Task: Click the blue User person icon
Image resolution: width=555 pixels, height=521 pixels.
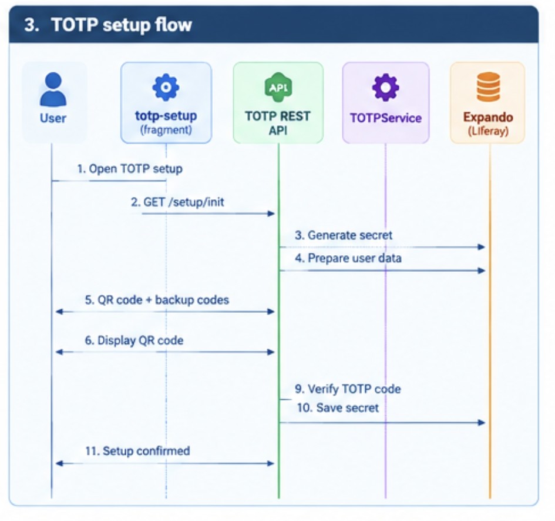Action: (53, 89)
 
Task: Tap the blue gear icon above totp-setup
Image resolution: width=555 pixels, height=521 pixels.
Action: (166, 87)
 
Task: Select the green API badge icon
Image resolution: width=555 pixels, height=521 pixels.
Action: (278, 87)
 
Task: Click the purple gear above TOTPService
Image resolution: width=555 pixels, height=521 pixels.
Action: (385, 87)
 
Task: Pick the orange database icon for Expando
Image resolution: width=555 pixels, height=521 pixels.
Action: (488, 87)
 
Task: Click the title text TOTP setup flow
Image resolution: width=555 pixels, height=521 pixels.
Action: (122, 25)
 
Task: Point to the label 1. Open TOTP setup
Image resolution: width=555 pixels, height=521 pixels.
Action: (130, 169)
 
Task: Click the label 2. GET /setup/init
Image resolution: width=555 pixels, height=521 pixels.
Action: (177, 202)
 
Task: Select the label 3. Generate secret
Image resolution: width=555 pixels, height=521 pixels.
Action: (344, 235)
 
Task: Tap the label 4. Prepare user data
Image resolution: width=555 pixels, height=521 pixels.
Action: (348, 258)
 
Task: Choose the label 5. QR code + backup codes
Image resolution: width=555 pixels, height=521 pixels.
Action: (157, 300)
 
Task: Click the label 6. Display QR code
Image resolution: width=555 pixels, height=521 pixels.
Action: (134, 340)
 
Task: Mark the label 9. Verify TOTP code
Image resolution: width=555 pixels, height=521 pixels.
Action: (348, 389)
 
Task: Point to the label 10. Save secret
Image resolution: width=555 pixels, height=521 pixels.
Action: (338, 408)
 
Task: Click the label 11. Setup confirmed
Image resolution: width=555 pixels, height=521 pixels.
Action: (137, 451)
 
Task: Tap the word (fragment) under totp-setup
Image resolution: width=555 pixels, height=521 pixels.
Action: (166, 130)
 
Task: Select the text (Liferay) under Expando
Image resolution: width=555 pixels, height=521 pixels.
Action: (488, 131)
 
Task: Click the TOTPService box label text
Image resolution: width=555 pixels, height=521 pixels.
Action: (386, 118)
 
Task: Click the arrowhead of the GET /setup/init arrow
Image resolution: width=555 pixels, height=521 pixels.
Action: (271, 213)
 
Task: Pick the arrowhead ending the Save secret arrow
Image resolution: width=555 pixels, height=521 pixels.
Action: (482, 422)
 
